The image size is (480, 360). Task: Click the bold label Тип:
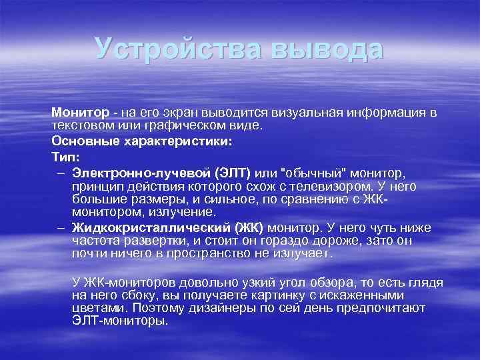coord(65,157)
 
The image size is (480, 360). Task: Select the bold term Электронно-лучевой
coord(135,173)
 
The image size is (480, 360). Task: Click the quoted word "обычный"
coord(319,173)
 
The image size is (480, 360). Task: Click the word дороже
coord(331,241)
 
